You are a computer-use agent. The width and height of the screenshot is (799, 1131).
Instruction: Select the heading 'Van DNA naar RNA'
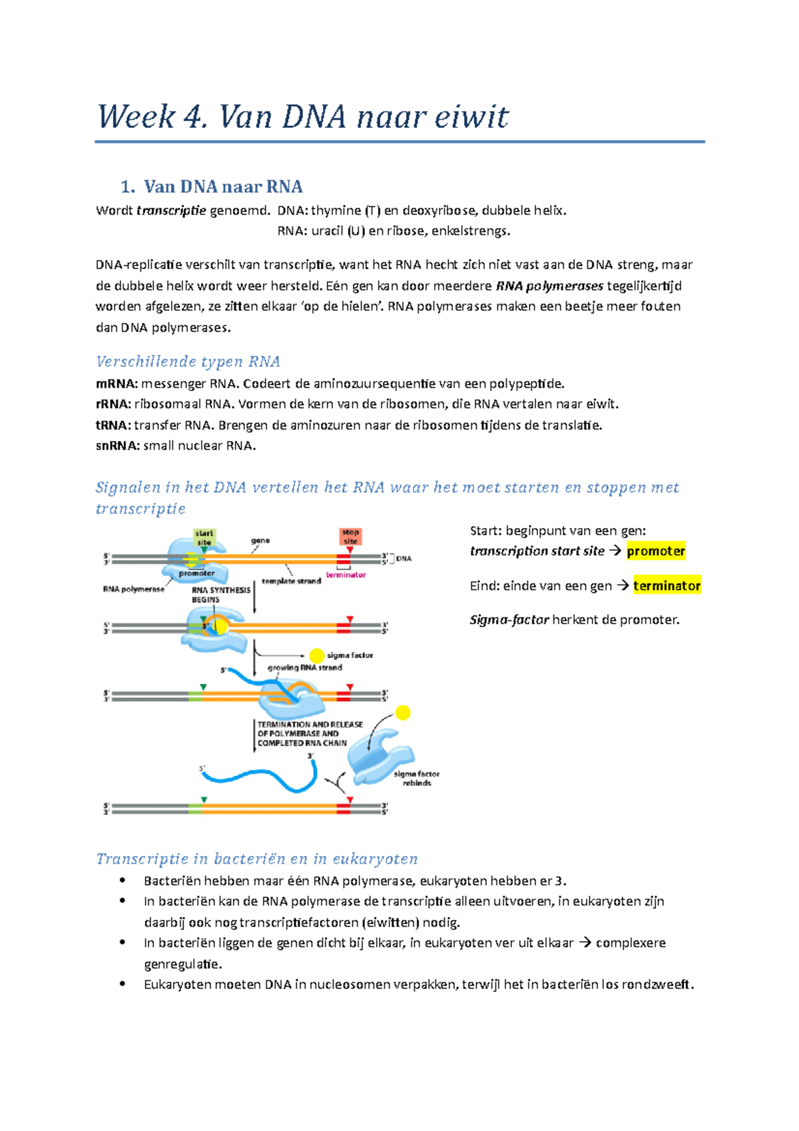click(223, 187)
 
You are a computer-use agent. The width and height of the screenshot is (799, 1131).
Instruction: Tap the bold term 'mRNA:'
click(117, 384)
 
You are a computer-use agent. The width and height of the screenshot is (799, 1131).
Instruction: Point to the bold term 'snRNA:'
click(118, 446)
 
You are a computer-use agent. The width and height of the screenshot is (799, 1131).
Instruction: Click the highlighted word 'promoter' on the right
click(656, 551)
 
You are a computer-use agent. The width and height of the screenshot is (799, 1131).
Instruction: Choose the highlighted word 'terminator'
click(666, 585)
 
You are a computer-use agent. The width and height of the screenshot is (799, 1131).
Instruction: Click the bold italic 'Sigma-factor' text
click(509, 620)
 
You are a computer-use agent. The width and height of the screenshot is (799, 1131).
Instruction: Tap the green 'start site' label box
click(204, 537)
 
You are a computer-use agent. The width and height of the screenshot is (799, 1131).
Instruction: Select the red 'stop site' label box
click(350, 536)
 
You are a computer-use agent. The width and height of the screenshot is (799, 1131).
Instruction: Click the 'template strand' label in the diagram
click(291, 581)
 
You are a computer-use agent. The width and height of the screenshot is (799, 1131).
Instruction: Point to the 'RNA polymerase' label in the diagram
click(133, 589)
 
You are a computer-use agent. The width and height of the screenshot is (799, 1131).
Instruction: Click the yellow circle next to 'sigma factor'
click(317, 655)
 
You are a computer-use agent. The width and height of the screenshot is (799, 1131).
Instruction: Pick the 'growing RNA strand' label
click(305, 667)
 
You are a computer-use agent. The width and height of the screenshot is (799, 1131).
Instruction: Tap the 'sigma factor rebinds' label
click(417, 778)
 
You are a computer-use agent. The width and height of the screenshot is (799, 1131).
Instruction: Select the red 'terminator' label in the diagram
click(346, 575)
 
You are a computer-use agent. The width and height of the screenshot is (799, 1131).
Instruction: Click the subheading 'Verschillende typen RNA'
click(188, 362)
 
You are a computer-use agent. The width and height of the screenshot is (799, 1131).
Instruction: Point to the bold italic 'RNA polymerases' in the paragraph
click(550, 286)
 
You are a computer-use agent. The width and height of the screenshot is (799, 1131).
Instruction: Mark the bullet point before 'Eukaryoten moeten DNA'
click(123, 984)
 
